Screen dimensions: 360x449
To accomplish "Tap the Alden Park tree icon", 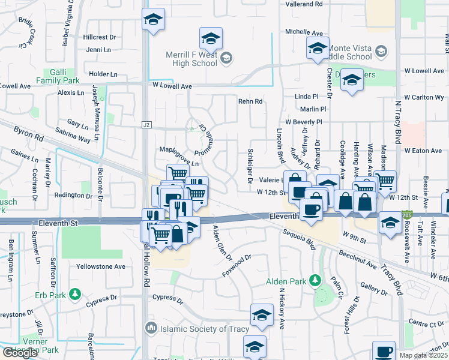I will (x=314, y=281).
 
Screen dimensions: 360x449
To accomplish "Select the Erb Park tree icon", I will (x=74, y=294).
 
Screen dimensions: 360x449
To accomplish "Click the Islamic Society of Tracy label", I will (x=194, y=328).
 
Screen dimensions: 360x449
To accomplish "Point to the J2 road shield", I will (x=146, y=125).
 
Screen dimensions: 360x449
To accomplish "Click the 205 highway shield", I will (x=407, y=214).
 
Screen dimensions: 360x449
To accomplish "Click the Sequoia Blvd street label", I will (x=299, y=241).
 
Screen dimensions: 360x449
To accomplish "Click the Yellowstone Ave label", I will (x=101, y=266).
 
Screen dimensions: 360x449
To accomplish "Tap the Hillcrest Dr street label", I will (x=100, y=37).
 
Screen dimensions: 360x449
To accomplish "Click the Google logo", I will (x=20, y=353).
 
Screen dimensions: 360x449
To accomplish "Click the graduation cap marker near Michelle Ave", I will (x=317, y=49).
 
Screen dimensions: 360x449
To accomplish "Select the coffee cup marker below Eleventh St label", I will (x=311, y=211).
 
